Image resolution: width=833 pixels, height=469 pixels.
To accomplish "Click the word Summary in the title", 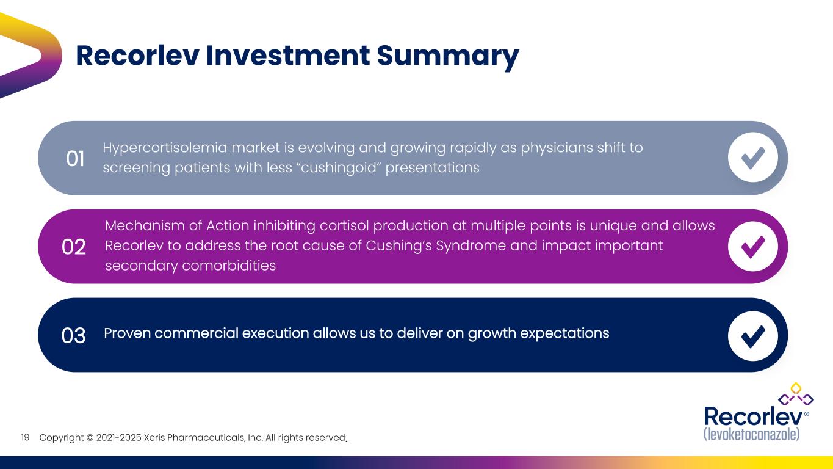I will pyautogui.click(x=447, y=56).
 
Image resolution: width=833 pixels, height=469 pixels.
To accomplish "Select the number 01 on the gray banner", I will pyautogui.click(x=75, y=159).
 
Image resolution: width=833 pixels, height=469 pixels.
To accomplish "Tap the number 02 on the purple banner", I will pyautogui.click(x=74, y=247).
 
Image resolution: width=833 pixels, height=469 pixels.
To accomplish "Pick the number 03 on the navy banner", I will pyautogui.click(x=74, y=335).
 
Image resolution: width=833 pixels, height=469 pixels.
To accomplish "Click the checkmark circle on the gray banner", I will pyautogui.click(x=752, y=158).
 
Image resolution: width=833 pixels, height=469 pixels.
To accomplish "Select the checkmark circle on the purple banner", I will pyautogui.click(x=752, y=246).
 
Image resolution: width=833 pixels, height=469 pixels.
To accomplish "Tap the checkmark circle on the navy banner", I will pyautogui.click(x=752, y=335).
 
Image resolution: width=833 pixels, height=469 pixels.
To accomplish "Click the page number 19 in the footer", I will pyautogui.click(x=26, y=438).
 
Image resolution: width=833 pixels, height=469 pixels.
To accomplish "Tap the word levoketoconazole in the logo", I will pyautogui.click(x=751, y=434).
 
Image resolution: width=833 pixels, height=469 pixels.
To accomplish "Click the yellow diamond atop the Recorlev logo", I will pyautogui.click(x=795, y=387).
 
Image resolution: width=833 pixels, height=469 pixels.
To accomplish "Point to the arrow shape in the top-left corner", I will pyautogui.click(x=31, y=55).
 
